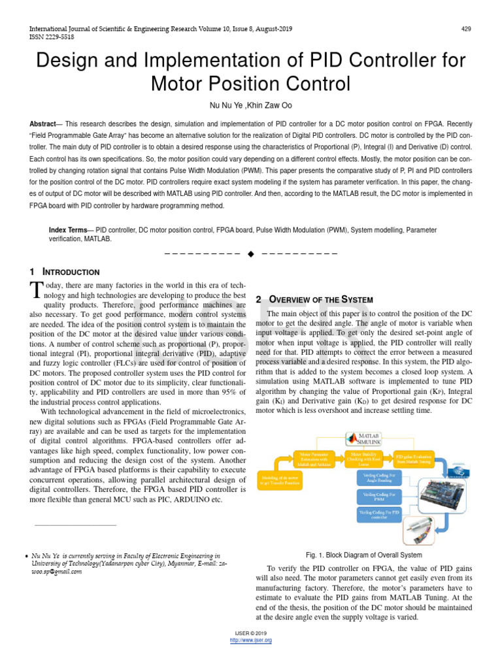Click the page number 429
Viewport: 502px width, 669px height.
tap(466, 29)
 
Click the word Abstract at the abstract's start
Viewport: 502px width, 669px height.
tap(42, 123)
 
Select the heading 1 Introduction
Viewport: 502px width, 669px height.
tap(65, 272)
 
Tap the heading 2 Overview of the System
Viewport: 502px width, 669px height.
tap(314, 299)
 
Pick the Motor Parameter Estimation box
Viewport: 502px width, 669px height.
tap(316, 458)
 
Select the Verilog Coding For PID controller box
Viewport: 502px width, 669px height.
tap(379, 515)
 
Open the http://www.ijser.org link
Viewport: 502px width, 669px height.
tap(251, 640)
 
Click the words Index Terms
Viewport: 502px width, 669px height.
tap(68, 230)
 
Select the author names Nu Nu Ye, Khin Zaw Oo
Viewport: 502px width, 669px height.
tap(251, 105)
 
